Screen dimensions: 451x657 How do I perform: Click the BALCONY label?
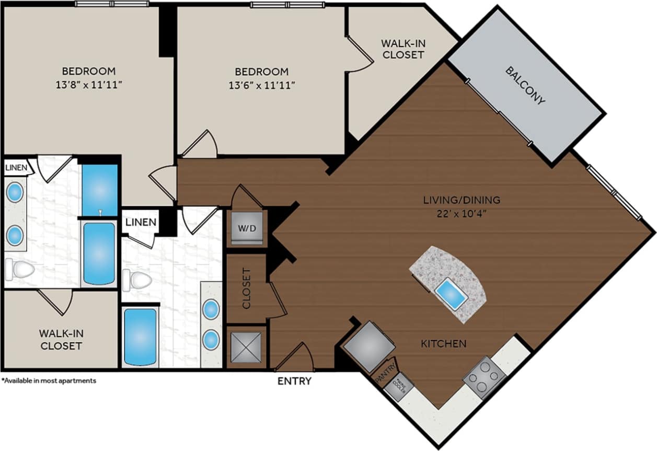pyautogui.click(x=525, y=85)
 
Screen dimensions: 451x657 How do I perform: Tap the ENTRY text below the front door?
pyautogui.click(x=294, y=381)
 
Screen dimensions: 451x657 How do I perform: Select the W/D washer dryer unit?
pyautogui.click(x=247, y=228)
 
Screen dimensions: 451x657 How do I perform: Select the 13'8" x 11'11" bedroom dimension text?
pyautogui.click(x=89, y=85)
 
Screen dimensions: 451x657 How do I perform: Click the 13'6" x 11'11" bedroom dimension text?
pyautogui.click(x=261, y=85)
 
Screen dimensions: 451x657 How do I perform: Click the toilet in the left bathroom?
pyautogui.click(x=19, y=270)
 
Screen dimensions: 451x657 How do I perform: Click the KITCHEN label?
pyautogui.click(x=444, y=344)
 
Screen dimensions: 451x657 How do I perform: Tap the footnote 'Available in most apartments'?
pyautogui.click(x=49, y=381)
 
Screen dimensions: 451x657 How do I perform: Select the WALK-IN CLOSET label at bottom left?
pyautogui.click(x=61, y=339)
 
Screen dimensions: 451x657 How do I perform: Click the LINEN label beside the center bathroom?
pyautogui.click(x=141, y=222)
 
